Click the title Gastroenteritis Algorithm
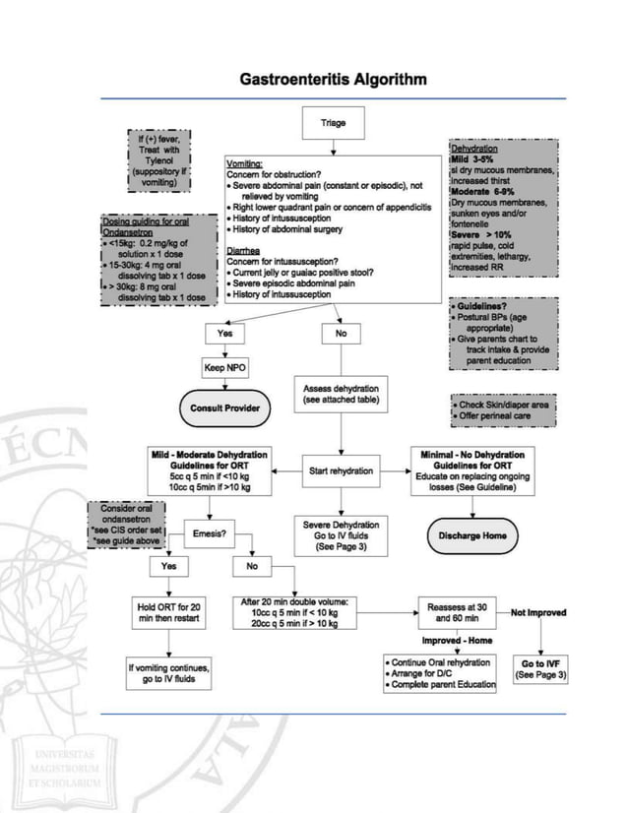334,79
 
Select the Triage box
334,124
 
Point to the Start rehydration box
341,471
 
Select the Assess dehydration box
341,394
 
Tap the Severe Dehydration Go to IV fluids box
341,535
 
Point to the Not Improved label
538,612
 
